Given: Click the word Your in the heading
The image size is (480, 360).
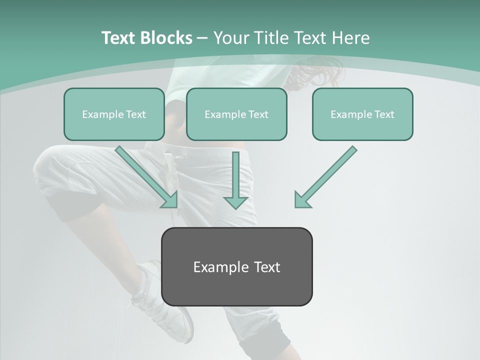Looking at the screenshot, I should (231, 38).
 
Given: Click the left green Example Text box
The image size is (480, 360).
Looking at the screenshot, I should (114, 114).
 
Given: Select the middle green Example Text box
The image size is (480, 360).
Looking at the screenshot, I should (236, 114).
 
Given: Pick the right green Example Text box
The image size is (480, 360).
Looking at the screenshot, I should (362, 114).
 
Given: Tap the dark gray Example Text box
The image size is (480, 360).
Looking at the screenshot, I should (236, 266).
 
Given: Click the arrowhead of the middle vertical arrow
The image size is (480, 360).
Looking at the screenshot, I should (235, 202).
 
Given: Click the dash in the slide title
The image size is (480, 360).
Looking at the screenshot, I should (202, 38).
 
